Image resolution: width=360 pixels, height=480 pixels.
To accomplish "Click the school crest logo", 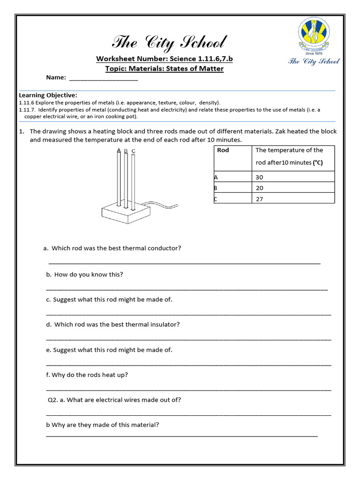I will pos(314,35).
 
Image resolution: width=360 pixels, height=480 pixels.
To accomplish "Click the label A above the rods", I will pos(119,150).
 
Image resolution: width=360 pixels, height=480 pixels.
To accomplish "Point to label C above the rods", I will pos(134,150).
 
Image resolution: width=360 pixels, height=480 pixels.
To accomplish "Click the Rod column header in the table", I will pos(223,150).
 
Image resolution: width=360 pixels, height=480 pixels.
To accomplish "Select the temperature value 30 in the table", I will pos(260,177).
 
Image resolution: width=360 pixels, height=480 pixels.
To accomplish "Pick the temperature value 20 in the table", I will pos(260,188).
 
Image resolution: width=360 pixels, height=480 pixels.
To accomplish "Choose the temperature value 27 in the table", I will pos(260,199).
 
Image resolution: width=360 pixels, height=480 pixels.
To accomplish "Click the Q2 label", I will pos(53,400).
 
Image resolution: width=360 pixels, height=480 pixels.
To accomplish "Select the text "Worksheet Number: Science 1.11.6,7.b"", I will pos(164,59).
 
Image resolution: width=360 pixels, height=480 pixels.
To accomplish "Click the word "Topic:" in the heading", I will pos(116,69).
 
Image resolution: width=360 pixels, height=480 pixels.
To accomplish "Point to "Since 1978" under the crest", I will pos(314,53).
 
